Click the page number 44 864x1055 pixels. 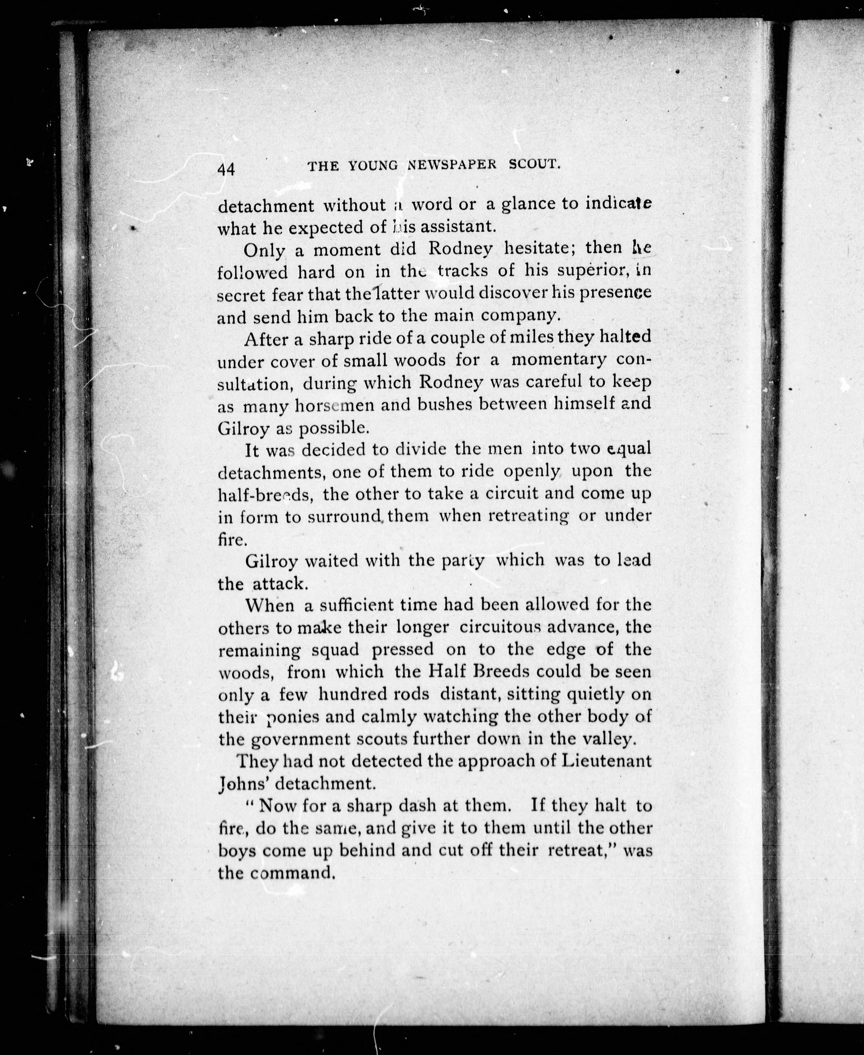226,169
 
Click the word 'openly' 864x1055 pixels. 531,471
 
